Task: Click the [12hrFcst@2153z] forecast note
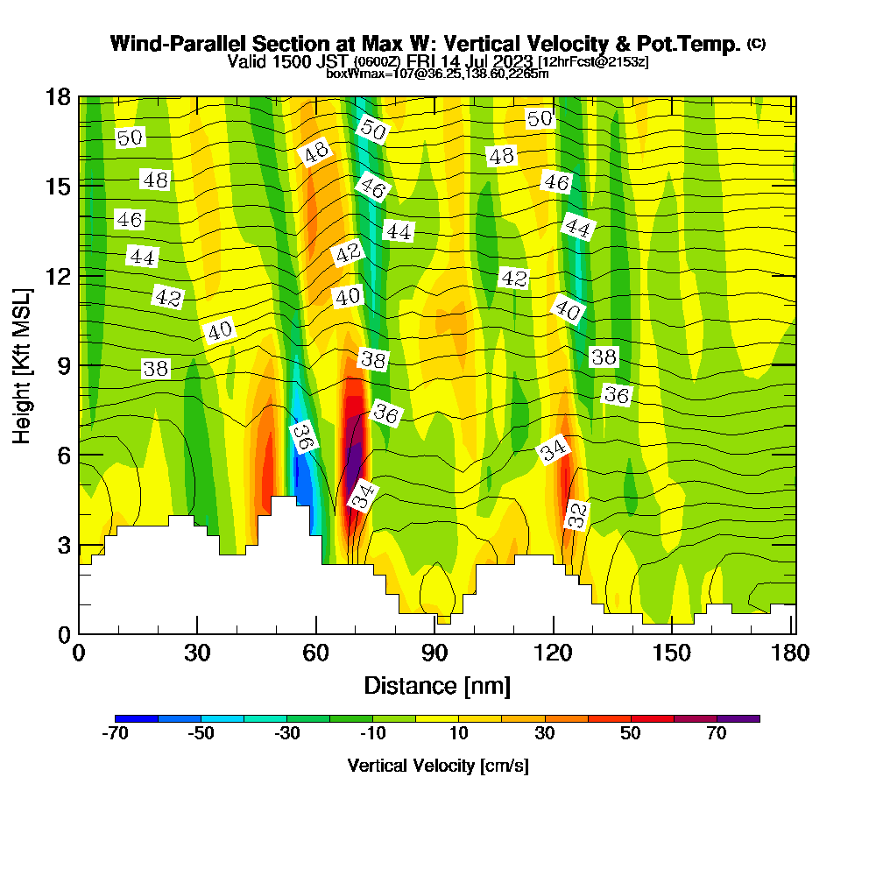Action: point(593,62)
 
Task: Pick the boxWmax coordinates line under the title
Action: point(437,74)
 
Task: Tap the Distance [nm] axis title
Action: point(437,685)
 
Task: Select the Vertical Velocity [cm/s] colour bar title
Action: point(437,766)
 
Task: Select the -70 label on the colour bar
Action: point(116,734)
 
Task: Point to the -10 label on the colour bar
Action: point(373,734)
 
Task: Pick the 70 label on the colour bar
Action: point(717,734)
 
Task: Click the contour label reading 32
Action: point(576,514)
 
